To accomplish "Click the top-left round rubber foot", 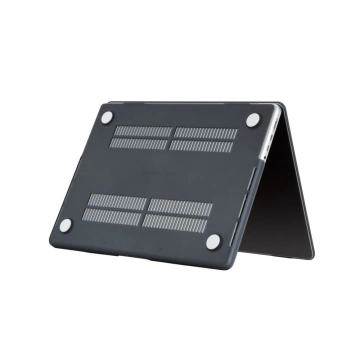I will (x=107, y=118).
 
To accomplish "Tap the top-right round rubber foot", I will (x=252, y=120).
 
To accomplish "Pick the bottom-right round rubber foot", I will (x=213, y=241).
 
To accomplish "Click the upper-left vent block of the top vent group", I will (x=143, y=131).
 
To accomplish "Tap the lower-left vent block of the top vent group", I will (x=139, y=143).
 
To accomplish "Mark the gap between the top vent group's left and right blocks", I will (x=172, y=138).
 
